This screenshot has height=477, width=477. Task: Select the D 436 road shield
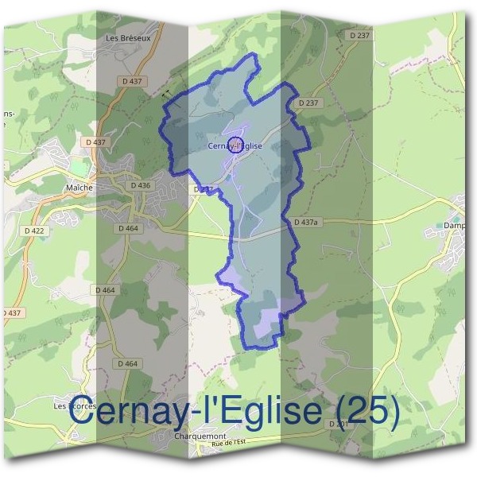(139, 185)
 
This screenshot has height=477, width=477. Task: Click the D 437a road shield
(304, 223)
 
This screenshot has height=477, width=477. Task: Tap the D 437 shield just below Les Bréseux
(132, 80)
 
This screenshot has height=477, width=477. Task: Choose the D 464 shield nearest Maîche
(128, 228)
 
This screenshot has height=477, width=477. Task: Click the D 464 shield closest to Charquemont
(127, 363)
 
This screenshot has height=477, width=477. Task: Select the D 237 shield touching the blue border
(308, 103)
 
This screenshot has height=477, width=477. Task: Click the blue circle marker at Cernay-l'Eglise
(235, 144)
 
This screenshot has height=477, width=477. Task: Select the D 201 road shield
(339, 425)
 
